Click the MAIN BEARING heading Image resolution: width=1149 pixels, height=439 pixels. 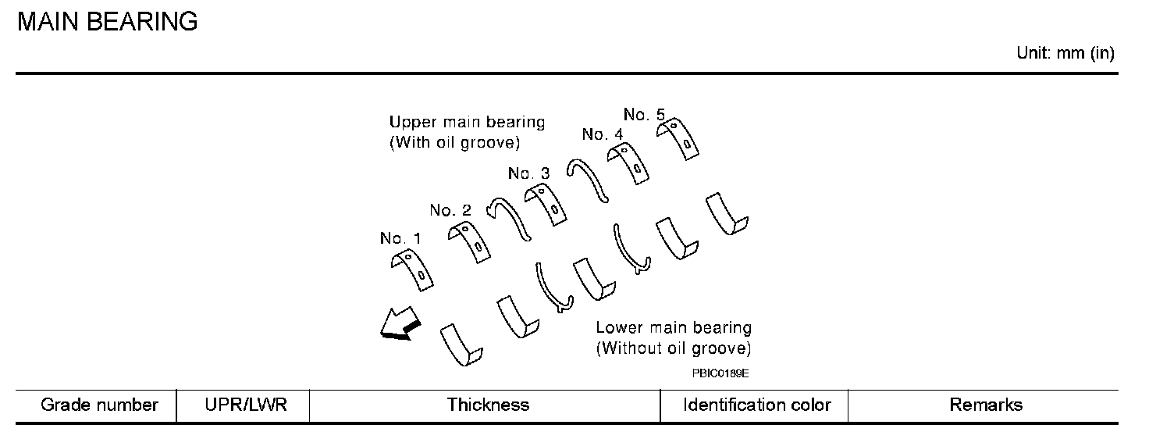[x=107, y=22]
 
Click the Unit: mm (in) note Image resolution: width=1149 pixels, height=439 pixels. [x=1065, y=54]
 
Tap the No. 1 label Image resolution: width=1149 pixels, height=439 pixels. [x=400, y=238]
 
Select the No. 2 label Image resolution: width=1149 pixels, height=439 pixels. [x=450, y=210]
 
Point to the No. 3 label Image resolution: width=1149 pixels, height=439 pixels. [x=528, y=173]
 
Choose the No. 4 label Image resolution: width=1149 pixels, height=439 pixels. [x=603, y=134]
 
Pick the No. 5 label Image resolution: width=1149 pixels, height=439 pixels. [x=644, y=115]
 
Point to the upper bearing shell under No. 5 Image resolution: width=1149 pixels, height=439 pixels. [x=678, y=137]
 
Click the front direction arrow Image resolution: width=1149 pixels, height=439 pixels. [x=399, y=325]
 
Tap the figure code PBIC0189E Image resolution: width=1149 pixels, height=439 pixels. [x=720, y=373]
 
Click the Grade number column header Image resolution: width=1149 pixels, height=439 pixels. [x=99, y=405]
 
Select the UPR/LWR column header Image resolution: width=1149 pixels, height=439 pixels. [x=243, y=405]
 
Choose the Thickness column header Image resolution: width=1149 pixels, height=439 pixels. [x=488, y=405]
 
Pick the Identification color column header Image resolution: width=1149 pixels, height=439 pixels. [x=756, y=405]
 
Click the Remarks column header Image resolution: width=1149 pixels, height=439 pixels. [x=985, y=405]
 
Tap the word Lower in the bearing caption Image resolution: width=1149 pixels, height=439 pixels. [x=618, y=328]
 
